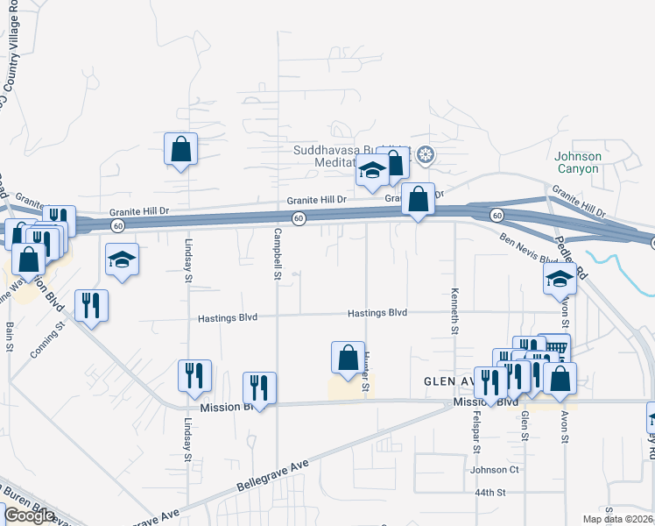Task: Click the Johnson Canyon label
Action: (578, 162)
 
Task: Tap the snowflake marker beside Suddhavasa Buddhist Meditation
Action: (426, 157)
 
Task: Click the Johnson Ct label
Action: (495, 470)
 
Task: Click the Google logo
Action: (28, 515)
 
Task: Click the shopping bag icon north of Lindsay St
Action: (180, 149)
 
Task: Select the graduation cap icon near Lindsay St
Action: (122, 259)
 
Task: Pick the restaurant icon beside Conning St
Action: (91, 305)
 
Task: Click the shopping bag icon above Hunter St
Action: (348, 357)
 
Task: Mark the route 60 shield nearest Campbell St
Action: (299, 218)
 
